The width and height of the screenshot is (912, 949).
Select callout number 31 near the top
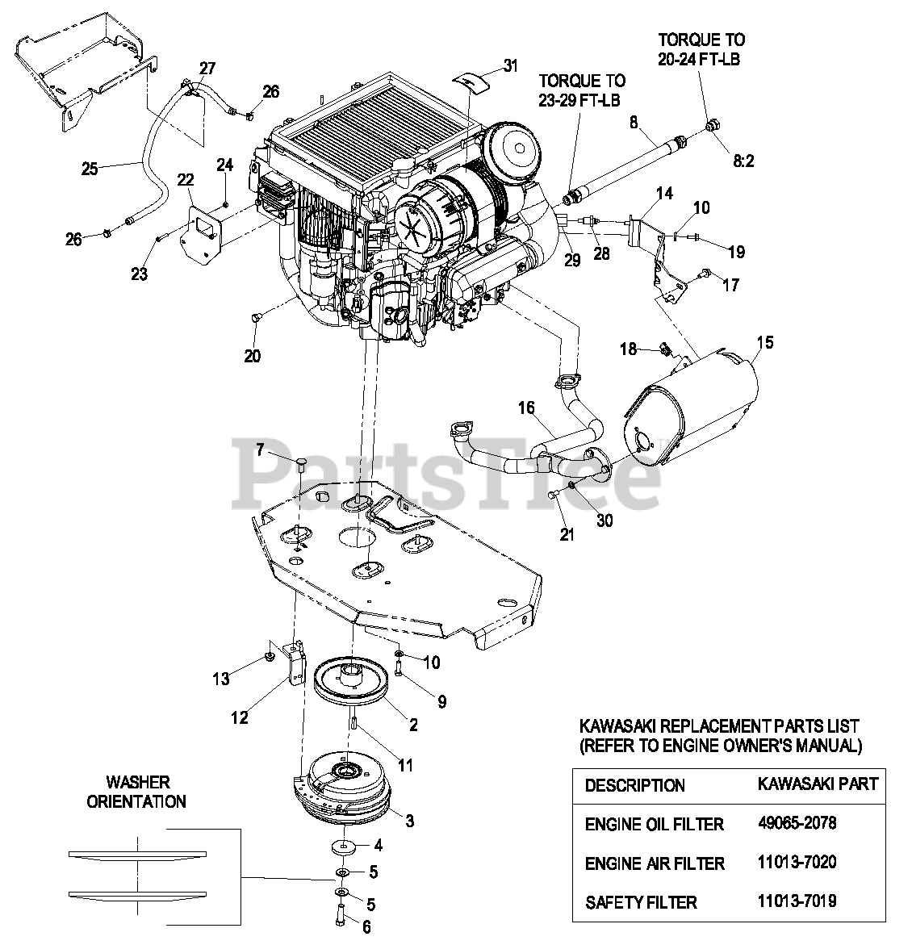click(x=510, y=66)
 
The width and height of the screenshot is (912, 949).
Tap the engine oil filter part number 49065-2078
click(x=797, y=823)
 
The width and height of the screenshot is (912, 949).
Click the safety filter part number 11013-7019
click(x=797, y=901)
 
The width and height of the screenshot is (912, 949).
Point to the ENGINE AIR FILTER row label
click(x=655, y=863)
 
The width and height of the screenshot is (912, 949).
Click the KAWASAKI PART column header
click(x=818, y=784)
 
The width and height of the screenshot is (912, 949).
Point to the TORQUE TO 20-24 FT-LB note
click(x=701, y=49)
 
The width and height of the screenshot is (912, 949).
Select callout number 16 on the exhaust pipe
click(x=526, y=408)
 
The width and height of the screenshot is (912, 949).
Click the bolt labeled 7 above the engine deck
click(x=300, y=463)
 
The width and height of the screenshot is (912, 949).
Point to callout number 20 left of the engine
click(x=253, y=356)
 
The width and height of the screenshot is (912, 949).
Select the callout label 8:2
click(x=743, y=161)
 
